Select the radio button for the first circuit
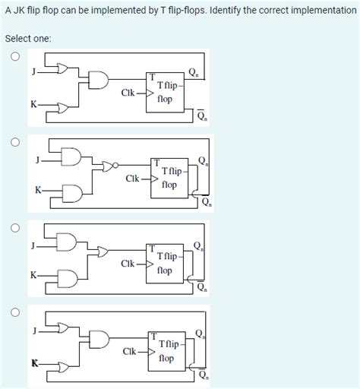14,56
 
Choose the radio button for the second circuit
14,141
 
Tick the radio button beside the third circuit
14,226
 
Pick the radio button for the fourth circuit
14,312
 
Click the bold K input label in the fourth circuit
34,362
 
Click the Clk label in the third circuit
128,263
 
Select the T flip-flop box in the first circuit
165,93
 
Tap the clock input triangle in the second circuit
153,180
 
